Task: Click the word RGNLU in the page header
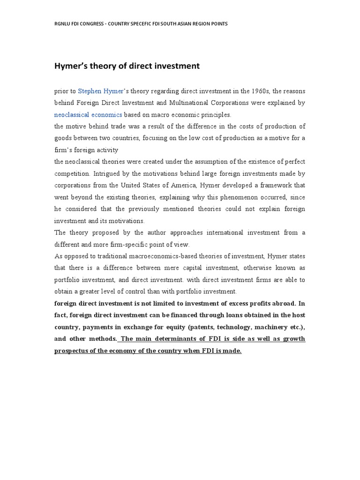(62, 23)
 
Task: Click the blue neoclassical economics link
(88, 114)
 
